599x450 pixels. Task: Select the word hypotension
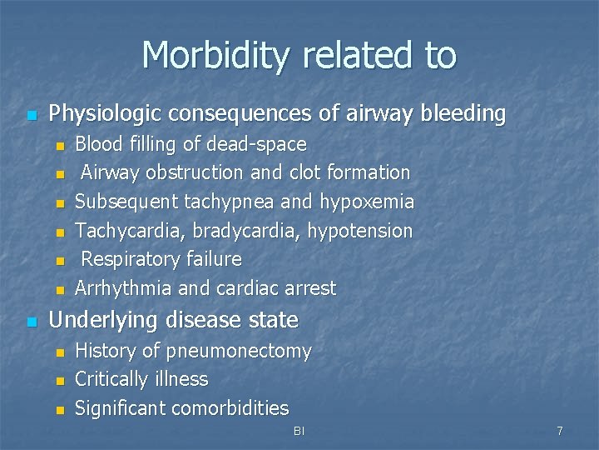click(x=360, y=230)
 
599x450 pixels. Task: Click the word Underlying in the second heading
click(x=106, y=320)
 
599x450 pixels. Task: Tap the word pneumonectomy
click(x=240, y=352)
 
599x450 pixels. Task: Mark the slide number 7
click(x=559, y=431)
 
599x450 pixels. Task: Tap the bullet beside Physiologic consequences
click(x=31, y=115)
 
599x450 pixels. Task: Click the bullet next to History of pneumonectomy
click(x=59, y=353)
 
